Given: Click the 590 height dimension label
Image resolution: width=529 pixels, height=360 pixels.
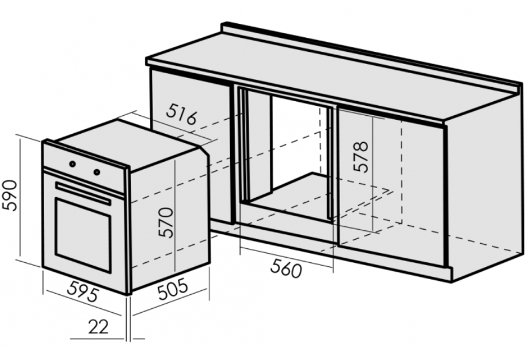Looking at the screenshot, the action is [9, 195].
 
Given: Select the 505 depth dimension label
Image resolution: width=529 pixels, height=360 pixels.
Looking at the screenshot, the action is [173, 289].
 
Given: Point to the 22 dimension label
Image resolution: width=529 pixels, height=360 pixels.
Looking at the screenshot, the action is [98, 327].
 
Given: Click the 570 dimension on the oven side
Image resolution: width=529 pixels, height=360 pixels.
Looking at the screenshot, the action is [167, 222].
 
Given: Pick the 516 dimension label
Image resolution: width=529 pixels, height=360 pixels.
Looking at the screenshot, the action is [181, 114].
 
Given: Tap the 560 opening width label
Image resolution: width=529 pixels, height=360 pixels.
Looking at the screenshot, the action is [285, 268].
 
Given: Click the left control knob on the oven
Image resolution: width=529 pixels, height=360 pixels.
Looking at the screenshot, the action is [73, 164].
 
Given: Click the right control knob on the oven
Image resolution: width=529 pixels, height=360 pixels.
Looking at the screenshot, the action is [97, 172].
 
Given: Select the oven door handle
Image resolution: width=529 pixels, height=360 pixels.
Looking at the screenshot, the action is [83, 194].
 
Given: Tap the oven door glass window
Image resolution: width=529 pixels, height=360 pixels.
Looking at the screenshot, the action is [83, 235].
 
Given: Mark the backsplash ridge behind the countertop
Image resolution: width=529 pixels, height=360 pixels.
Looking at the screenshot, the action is [371, 54].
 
